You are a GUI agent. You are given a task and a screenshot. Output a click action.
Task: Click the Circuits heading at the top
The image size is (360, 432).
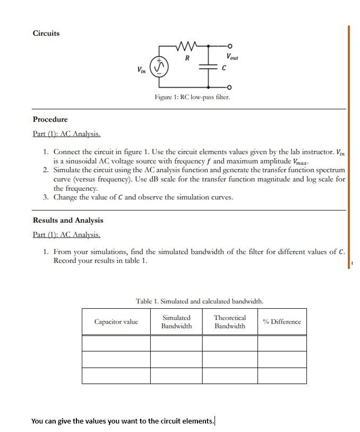(x=46, y=33)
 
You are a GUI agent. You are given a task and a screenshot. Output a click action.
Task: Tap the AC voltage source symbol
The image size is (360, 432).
(x=161, y=67)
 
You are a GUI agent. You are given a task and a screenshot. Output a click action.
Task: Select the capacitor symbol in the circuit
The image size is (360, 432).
(x=208, y=67)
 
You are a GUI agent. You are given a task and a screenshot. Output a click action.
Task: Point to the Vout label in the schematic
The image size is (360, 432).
(x=232, y=57)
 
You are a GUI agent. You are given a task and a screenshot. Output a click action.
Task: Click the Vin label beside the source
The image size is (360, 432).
(x=142, y=70)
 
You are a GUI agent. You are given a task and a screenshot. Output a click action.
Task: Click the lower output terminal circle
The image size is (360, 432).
(x=229, y=87)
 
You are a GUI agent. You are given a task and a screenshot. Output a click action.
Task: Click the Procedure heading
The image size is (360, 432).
(x=50, y=119)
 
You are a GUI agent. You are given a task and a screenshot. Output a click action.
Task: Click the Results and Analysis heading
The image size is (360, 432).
(x=68, y=220)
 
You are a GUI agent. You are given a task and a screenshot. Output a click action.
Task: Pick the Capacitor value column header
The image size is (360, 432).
(x=116, y=321)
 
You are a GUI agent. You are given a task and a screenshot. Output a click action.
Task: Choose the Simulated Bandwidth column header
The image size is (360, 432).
(x=176, y=321)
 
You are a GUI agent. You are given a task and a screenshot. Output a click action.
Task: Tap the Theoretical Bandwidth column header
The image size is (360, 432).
(x=229, y=321)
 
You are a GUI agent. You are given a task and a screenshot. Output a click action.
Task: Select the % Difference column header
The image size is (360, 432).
(x=281, y=321)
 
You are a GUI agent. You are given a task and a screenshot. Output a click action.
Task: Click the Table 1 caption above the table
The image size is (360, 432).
(x=199, y=301)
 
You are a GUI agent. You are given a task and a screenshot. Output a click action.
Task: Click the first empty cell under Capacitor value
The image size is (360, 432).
(x=116, y=343)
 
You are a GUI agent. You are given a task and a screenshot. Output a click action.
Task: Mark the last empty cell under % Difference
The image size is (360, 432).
(x=281, y=376)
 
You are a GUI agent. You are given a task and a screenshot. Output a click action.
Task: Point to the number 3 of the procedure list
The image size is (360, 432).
(x=46, y=197)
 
